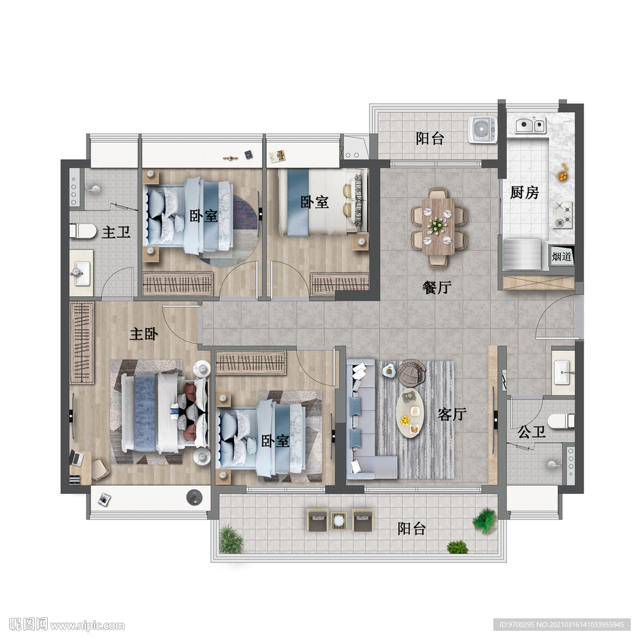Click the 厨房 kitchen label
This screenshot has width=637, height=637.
pos(524,192)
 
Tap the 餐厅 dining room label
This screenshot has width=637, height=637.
pos(437,287)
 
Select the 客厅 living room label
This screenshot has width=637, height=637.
pos(452,414)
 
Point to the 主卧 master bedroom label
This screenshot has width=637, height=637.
pos(144,334)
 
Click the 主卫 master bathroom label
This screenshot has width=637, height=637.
pos(116,233)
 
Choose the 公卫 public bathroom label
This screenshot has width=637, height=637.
pos(531,432)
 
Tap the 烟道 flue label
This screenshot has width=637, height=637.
pos(562,256)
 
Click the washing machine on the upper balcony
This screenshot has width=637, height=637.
pos(482,130)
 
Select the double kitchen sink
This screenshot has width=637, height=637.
pos(531,125)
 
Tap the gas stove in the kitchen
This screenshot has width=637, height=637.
pos(562,215)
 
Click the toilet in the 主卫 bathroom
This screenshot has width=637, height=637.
pos(83,231)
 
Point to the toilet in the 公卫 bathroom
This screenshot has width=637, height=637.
pos(561,421)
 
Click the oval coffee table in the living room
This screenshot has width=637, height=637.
pos(410,413)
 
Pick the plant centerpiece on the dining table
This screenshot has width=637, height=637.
pos(437,225)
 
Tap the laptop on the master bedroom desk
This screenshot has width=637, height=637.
pos(77,458)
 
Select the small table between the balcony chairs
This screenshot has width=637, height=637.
pos(339,519)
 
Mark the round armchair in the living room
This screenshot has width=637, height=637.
pos(411,372)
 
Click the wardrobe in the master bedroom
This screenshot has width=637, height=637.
pos(82,343)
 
